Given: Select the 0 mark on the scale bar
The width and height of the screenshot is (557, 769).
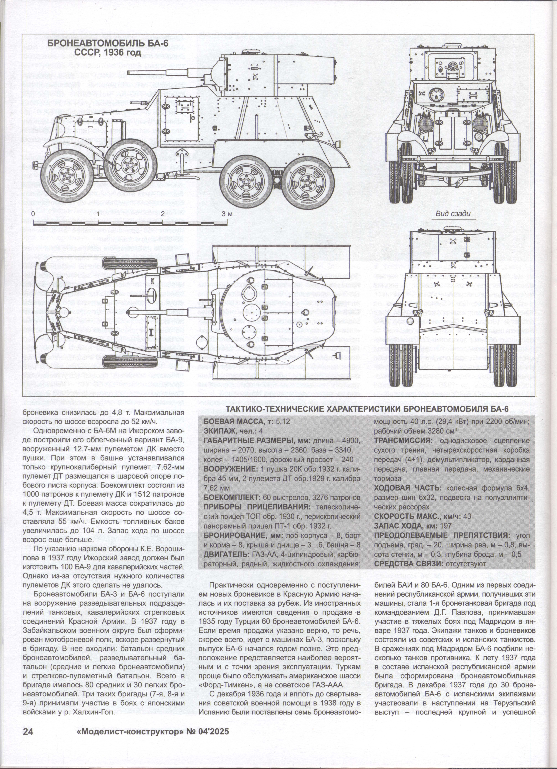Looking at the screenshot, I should [x=33, y=214].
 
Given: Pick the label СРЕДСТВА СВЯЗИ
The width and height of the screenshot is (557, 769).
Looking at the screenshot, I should [x=407, y=564].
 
